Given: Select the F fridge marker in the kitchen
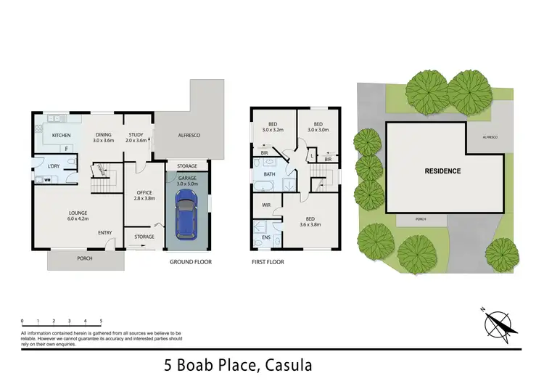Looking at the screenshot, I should pos(67,149).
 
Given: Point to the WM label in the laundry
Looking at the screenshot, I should pos(47,179).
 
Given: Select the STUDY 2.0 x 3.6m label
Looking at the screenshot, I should pos(136,138).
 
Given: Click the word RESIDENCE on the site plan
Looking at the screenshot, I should pos(442,171).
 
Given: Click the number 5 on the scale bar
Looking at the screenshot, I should pos(101,320).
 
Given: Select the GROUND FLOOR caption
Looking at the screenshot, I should pos(191,261).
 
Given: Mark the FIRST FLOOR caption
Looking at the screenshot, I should pos(268,261).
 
